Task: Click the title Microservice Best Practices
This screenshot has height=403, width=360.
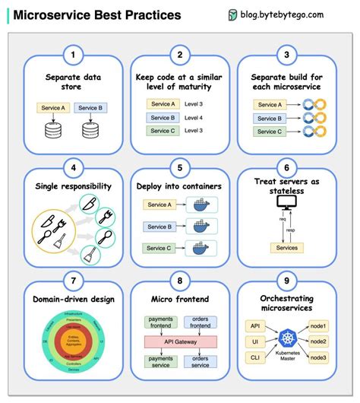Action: click(97, 14)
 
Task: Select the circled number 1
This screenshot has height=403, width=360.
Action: click(72, 55)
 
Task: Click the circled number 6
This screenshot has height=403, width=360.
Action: click(286, 168)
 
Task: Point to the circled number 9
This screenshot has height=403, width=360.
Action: click(286, 281)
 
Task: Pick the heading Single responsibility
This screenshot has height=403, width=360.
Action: click(73, 186)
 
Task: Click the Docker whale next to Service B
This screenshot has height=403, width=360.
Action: click(202, 226)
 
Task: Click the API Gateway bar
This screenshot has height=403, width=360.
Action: click(180, 343)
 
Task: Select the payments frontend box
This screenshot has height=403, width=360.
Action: click(160, 324)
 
